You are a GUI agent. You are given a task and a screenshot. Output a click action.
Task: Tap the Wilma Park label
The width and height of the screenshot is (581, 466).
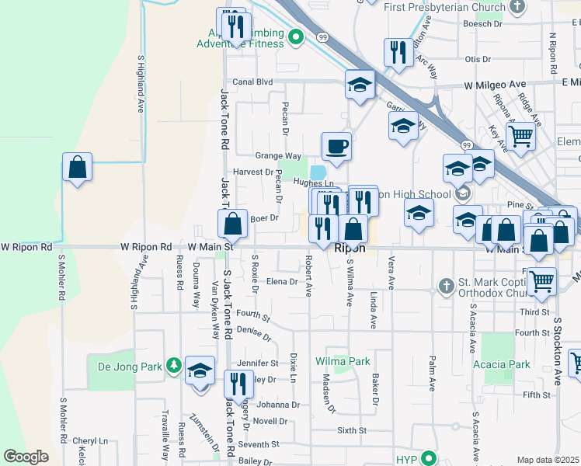point(343,361)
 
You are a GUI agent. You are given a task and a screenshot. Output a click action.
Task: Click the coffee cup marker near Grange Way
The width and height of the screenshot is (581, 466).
point(336,146)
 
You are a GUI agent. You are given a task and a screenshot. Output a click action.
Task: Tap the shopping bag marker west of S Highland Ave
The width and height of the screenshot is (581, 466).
point(78,167)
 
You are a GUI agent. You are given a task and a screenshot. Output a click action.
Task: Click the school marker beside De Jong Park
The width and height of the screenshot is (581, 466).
point(200,371)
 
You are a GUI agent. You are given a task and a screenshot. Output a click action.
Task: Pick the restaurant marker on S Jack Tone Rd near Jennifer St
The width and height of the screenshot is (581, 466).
point(238,384)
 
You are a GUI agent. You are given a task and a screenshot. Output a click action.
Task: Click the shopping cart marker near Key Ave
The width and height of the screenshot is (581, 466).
point(521,136)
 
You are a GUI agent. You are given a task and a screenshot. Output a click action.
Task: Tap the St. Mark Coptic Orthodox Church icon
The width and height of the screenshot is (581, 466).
point(446,287)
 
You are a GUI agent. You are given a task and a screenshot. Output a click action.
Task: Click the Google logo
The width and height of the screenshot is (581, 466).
point(26,457)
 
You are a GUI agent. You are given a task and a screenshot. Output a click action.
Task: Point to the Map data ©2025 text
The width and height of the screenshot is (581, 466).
point(548,460)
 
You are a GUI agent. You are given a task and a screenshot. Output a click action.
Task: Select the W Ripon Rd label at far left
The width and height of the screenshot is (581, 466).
point(26,247)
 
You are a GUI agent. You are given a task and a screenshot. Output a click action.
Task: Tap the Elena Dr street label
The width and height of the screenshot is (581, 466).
point(283,282)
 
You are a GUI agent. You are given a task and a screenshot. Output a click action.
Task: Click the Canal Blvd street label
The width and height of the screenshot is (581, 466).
point(253,82)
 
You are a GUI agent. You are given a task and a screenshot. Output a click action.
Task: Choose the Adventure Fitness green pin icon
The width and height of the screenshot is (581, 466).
point(295,37)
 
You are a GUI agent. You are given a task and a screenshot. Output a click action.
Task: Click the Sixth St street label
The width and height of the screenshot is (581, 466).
point(351,429)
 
